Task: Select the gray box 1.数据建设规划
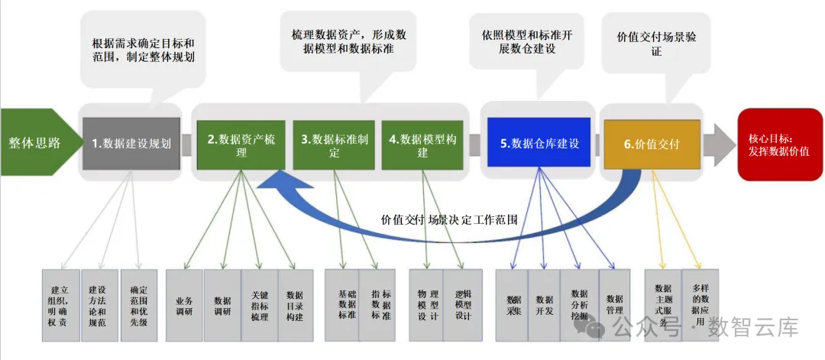[131, 143]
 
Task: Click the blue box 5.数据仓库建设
[539, 143]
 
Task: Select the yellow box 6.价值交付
[652, 144]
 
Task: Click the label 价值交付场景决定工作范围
[449, 219]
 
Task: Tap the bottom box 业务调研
[184, 305]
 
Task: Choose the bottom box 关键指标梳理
[259, 305]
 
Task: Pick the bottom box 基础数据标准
[341, 304]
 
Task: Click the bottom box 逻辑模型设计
[463, 304]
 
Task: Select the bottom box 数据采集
[513, 305]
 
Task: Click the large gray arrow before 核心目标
[719, 144]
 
